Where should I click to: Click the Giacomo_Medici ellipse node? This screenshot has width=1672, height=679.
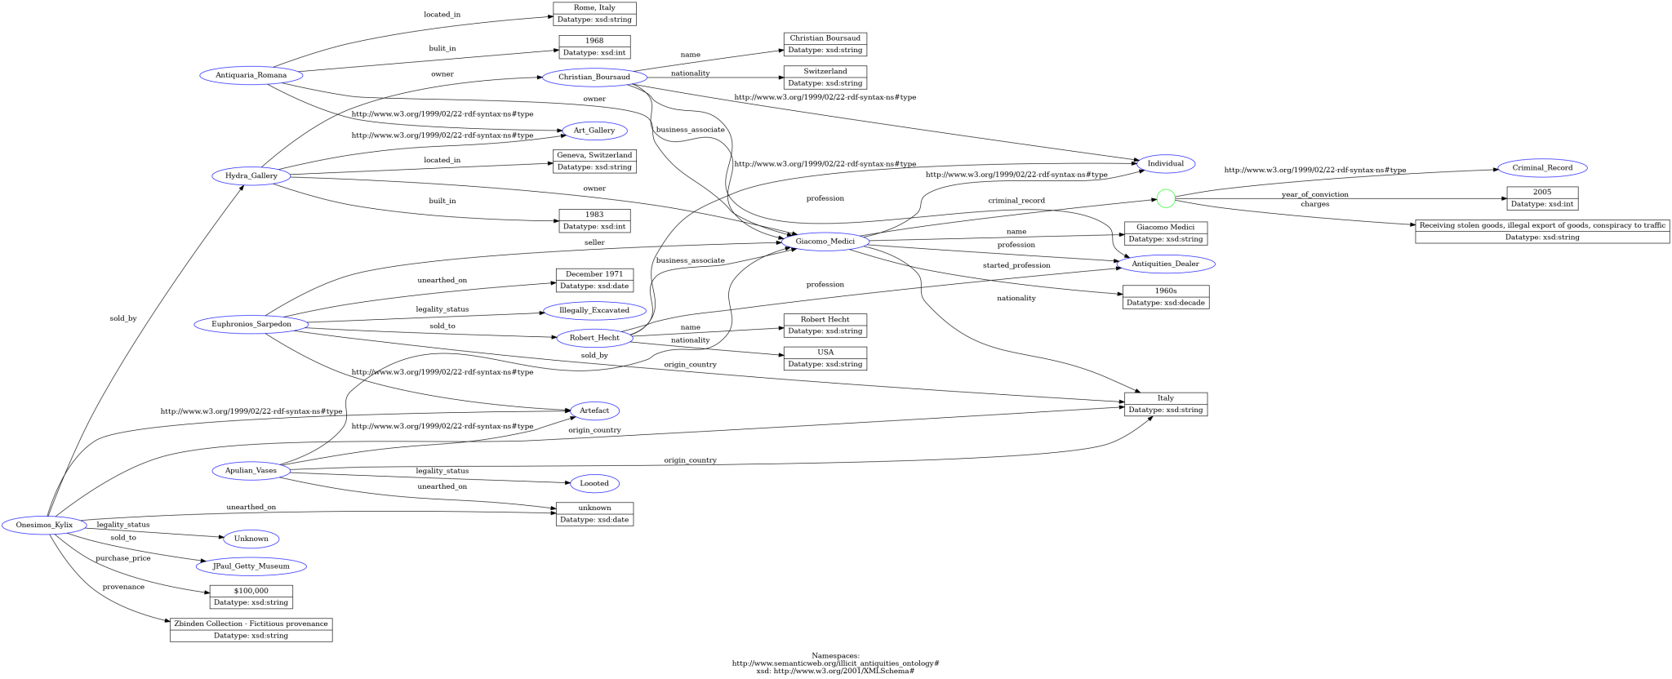point(825,242)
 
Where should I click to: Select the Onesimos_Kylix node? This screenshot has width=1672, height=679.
point(44,525)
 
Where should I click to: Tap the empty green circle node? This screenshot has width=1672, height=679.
point(1166,198)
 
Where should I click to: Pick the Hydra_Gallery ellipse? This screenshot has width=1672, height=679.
point(251,175)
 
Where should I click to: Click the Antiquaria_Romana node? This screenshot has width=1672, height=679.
point(251,76)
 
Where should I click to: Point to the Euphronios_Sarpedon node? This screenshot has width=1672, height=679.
point(251,324)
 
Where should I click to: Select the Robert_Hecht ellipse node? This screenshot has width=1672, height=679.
point(594,337)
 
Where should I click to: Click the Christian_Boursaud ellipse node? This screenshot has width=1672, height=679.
point(594,78)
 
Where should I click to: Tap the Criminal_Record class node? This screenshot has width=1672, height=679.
point(1542,168)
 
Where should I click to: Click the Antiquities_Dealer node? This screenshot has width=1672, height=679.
point(1165,264)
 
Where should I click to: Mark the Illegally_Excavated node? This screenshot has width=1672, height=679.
point(594,310)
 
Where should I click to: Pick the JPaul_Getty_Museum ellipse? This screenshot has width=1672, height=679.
point(251,566)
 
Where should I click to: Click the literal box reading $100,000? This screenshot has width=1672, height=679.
point(251,591)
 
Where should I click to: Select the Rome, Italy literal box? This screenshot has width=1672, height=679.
point(594,8)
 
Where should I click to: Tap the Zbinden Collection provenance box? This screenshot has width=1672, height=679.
point(251,624)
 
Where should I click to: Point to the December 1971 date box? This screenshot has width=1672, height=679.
point(594,274)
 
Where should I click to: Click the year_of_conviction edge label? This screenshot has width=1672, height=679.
point(1314,194)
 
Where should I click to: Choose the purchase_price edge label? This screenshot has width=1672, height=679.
point(122,558)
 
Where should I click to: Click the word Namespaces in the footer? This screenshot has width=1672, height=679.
point(835,655)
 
